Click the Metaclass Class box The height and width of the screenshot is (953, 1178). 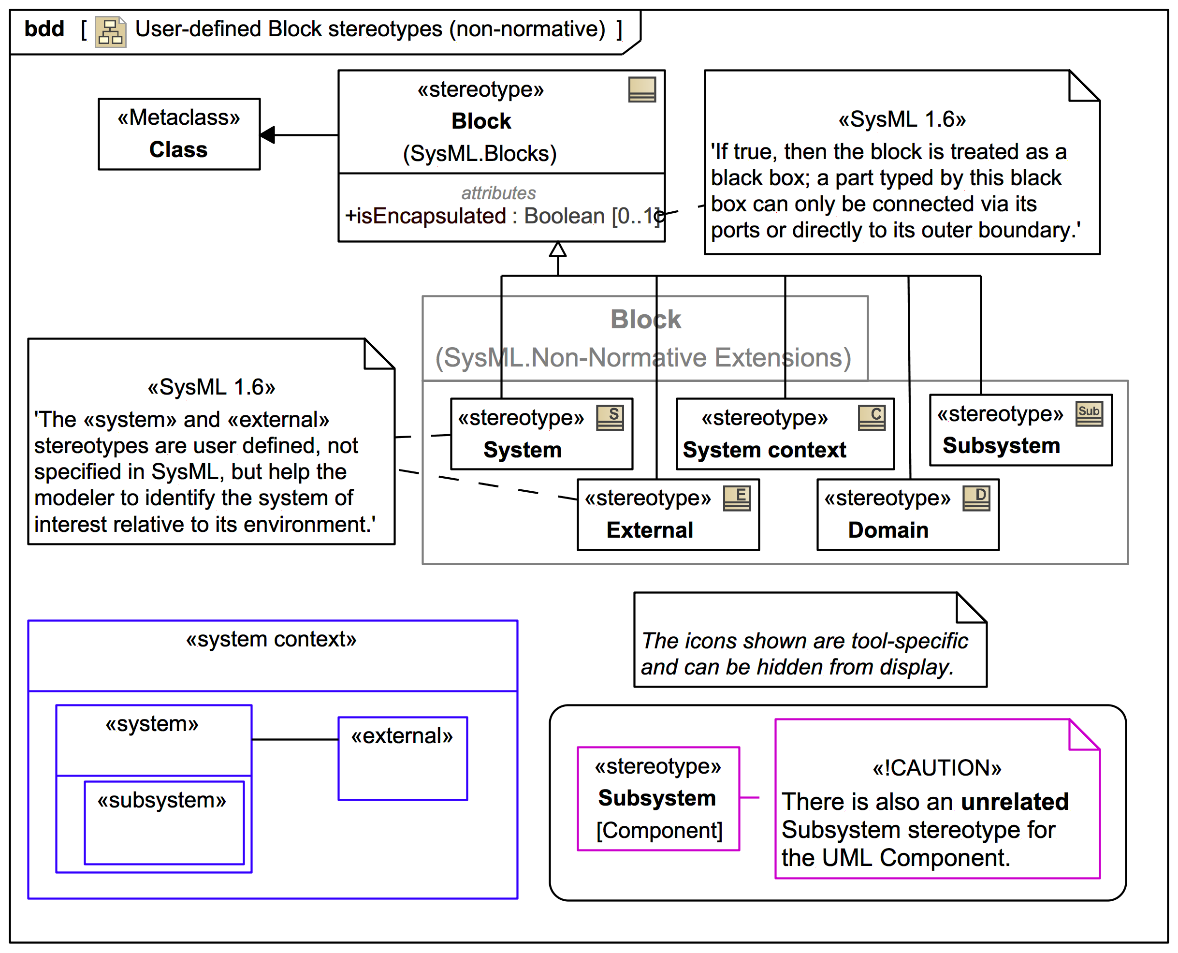tap(179, 134)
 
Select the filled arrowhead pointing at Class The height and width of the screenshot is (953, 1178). tap(268, 134)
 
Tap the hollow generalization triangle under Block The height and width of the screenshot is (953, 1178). tap(557, 250)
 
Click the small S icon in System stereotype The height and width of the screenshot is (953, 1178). tap(610, 418)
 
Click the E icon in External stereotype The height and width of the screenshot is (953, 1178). tap(736, 498)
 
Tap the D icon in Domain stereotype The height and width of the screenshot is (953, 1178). tap(976, 498)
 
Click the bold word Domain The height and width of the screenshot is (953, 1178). tap(888, 530)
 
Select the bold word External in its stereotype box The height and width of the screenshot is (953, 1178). tap(650, 530)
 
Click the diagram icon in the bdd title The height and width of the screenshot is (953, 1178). tap(110, 31)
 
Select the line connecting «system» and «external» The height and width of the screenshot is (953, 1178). tap(295, 739)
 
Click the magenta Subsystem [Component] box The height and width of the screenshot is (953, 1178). tap(658, 799)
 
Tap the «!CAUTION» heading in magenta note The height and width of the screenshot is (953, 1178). tap(937, 768)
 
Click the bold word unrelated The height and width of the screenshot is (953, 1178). tap(1015, 802)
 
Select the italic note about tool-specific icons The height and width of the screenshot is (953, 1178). tap(804, 654)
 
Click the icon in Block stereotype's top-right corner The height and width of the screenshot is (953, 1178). tap(641, 89)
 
